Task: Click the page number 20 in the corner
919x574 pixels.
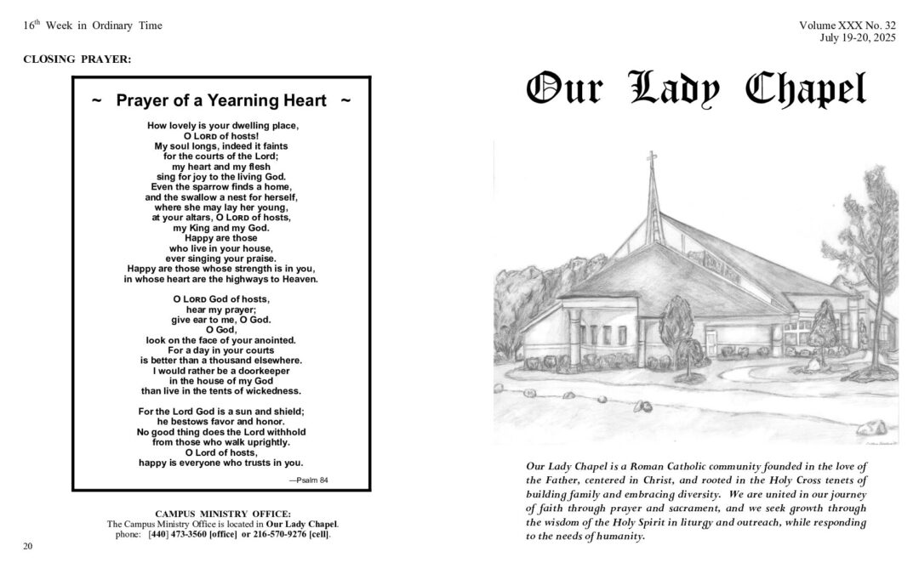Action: coord(28,546)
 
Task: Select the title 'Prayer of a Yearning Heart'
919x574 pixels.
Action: coord(221,100)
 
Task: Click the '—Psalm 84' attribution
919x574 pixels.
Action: coord(308,480)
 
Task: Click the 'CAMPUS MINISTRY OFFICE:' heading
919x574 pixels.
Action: coord(223,514)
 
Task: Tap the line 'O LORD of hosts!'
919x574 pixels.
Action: coord(221,136)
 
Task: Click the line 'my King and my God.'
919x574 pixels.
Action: coord(221,228)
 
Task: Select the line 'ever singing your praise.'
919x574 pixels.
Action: coord(221,259)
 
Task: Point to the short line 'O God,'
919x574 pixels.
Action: coord(221,330)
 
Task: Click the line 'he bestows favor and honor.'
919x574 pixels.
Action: coord(221,422)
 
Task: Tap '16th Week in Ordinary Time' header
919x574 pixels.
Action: coord(93,26)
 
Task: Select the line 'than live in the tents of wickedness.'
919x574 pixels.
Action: coord(221,391)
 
